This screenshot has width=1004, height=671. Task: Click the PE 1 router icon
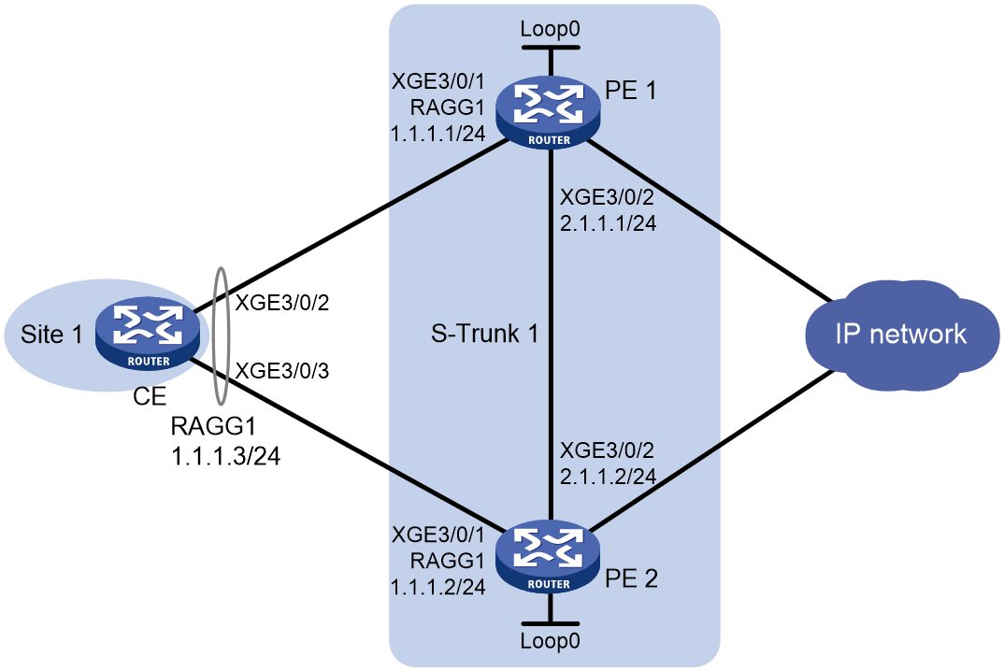tap(549, 113)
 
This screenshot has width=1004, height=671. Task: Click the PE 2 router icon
tap(549, 557)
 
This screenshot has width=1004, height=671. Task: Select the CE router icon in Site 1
tap(148, 334)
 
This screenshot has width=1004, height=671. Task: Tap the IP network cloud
tap(901, 335)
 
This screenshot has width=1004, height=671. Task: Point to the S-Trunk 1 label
tap(484, 334)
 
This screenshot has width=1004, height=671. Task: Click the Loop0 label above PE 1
tap(550, 29)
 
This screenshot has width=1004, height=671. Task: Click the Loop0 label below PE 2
tap(550, 640)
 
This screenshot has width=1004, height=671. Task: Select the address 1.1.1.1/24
tap(438, 134)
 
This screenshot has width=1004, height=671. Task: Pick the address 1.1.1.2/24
tap(438, 587)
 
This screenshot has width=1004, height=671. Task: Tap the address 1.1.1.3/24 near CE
tap(226, 456)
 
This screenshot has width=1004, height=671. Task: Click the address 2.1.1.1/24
tap(609, 222)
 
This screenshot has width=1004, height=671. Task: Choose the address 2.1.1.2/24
tap(609, 477)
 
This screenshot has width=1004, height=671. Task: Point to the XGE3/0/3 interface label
tap(282, 371)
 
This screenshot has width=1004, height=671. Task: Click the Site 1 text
tap(51, 334)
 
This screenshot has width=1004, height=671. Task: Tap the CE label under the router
tap(150, 397)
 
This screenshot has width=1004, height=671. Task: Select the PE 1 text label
tap(631, 91)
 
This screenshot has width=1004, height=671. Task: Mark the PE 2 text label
tap(631, 578)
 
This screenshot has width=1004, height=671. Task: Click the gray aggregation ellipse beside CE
tap(213, 336)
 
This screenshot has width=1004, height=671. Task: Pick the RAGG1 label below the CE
tap(213, 425)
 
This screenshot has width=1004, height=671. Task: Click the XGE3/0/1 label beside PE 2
tap(438, 534)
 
